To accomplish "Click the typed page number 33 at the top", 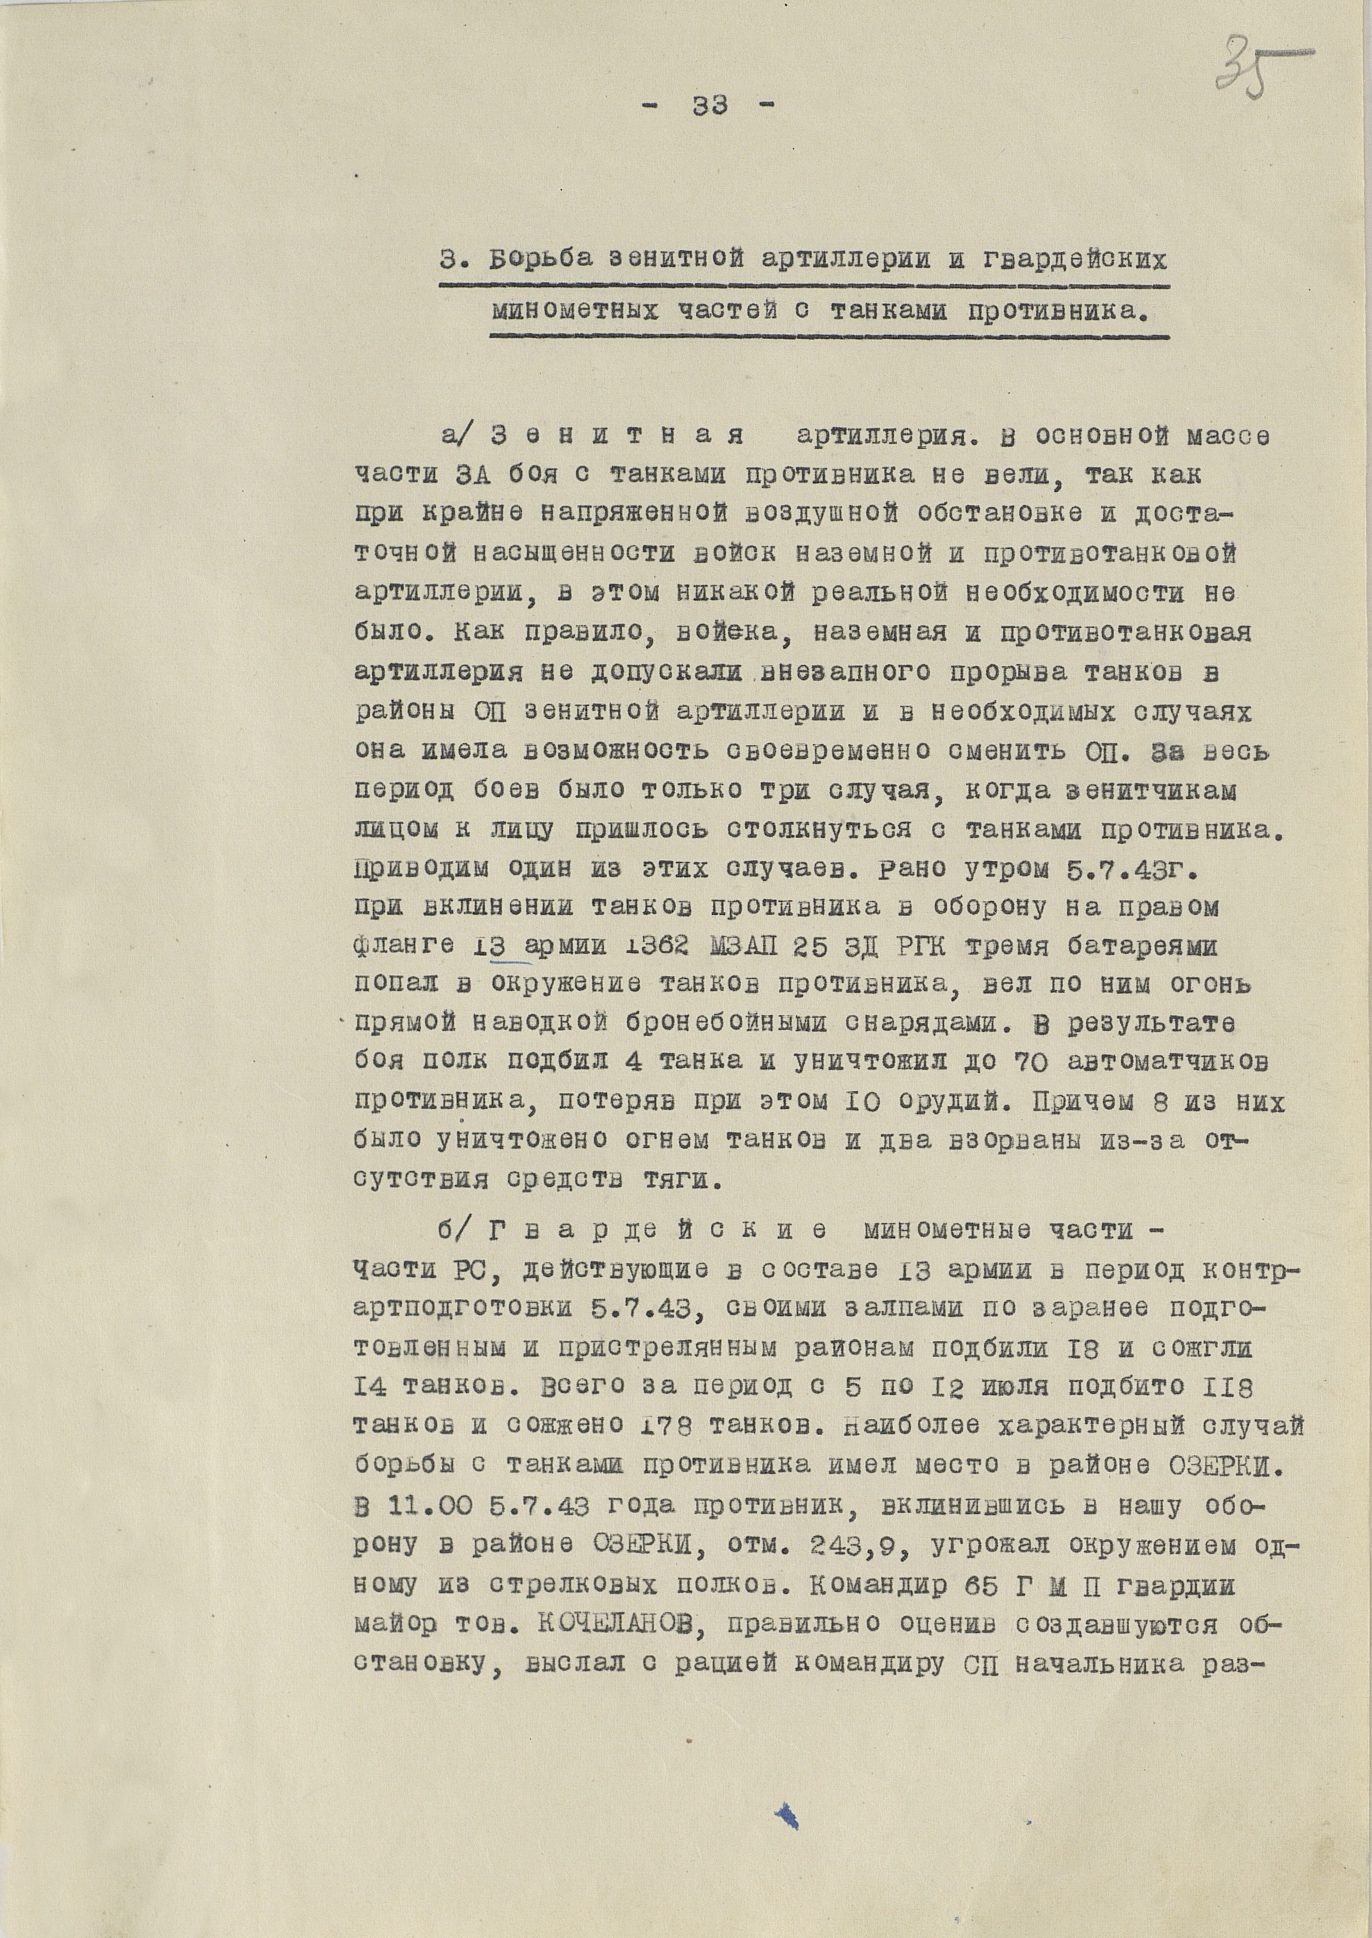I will point(709,106).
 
